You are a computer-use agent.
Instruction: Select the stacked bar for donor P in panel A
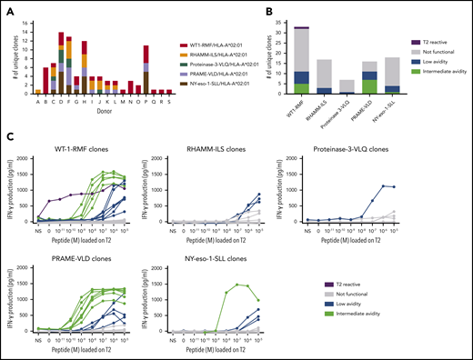[x=145, y=69]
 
